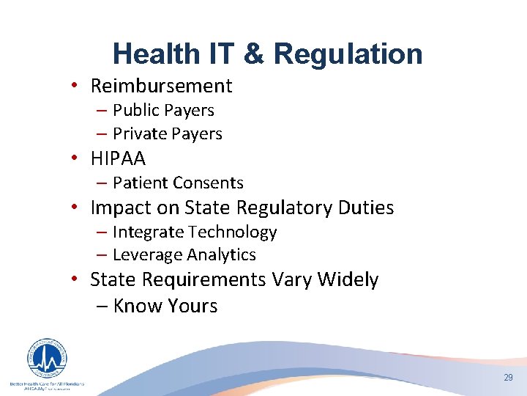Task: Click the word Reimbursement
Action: pyautogui.click(x=161, y=86)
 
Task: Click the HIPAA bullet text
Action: pyautogui.click(x=118, y=158)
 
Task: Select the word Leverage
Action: pyautogui.click(x=147, y=255)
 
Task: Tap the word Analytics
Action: pyautogui.click(x=222, y=255)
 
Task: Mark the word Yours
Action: pyautogui.click(x=192, y=306)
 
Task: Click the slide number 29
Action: pyautogui.click(x=508, y=377)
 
